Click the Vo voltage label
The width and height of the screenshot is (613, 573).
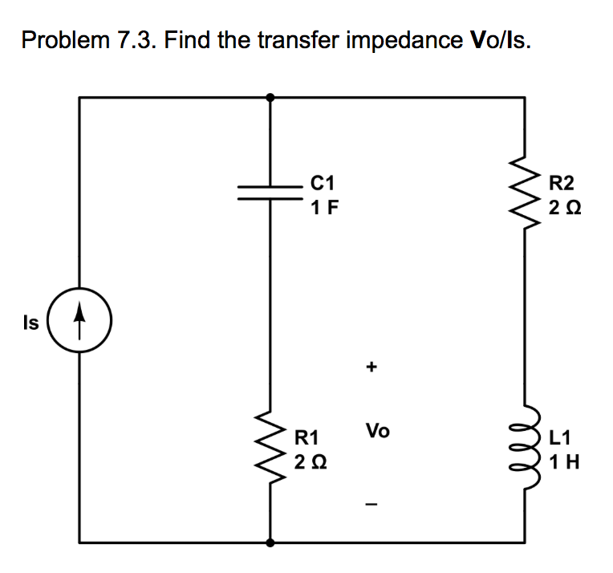tap(377, 431)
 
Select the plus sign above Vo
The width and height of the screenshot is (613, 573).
tap(371, 368)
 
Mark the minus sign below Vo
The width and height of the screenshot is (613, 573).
tap(371, 504)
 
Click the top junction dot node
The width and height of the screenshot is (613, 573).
tap(270, 96)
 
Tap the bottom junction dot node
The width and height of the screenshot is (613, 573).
tap(270, 543)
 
